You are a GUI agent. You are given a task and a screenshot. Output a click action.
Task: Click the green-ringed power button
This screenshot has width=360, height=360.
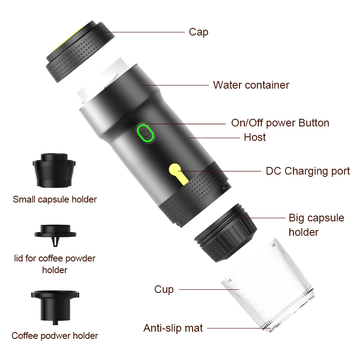tap(145, 134)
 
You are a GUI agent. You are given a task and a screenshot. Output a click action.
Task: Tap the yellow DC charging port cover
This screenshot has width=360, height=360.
tap(176, 175)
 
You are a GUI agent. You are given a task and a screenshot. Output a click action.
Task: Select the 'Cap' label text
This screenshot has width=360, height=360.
tap(198, 32)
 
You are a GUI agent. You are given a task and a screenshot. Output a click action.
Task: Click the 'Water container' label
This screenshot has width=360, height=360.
tap(251, 85)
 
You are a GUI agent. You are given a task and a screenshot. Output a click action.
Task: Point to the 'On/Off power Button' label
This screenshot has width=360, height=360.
tap(280, 123)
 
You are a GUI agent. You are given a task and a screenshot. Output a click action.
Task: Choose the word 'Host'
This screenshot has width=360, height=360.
tap(255, 137)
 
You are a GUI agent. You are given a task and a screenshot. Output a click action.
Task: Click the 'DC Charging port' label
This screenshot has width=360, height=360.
tap(308, 171)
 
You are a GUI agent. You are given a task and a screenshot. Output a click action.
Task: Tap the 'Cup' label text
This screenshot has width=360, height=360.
tap(164, 289)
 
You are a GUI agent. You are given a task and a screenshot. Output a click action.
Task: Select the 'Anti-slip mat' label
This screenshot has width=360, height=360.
tap(173, 328)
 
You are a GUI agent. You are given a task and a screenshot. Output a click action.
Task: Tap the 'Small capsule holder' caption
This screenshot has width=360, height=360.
tap(55, 199)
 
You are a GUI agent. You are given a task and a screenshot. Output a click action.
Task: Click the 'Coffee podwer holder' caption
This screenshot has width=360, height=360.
tap(55, 336)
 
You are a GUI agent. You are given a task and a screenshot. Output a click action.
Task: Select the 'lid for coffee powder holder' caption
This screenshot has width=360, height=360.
tap(55, 264)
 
